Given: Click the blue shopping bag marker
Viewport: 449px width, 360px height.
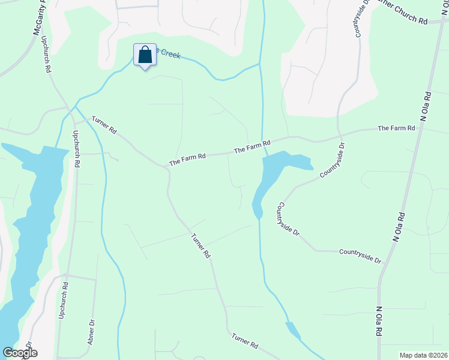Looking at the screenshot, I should pos(145,55).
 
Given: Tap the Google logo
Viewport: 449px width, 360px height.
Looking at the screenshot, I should pos(20,353).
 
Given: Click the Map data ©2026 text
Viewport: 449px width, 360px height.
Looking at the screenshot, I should pos(423,355).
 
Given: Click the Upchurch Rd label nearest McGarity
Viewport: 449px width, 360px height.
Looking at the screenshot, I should pos(46,54).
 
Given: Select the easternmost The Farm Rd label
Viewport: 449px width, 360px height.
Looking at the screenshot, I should pos(396,128).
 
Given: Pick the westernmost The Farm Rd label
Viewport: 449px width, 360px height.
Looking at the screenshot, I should pos(187,159).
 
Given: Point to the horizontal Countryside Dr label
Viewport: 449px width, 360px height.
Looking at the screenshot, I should pos(360,256).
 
